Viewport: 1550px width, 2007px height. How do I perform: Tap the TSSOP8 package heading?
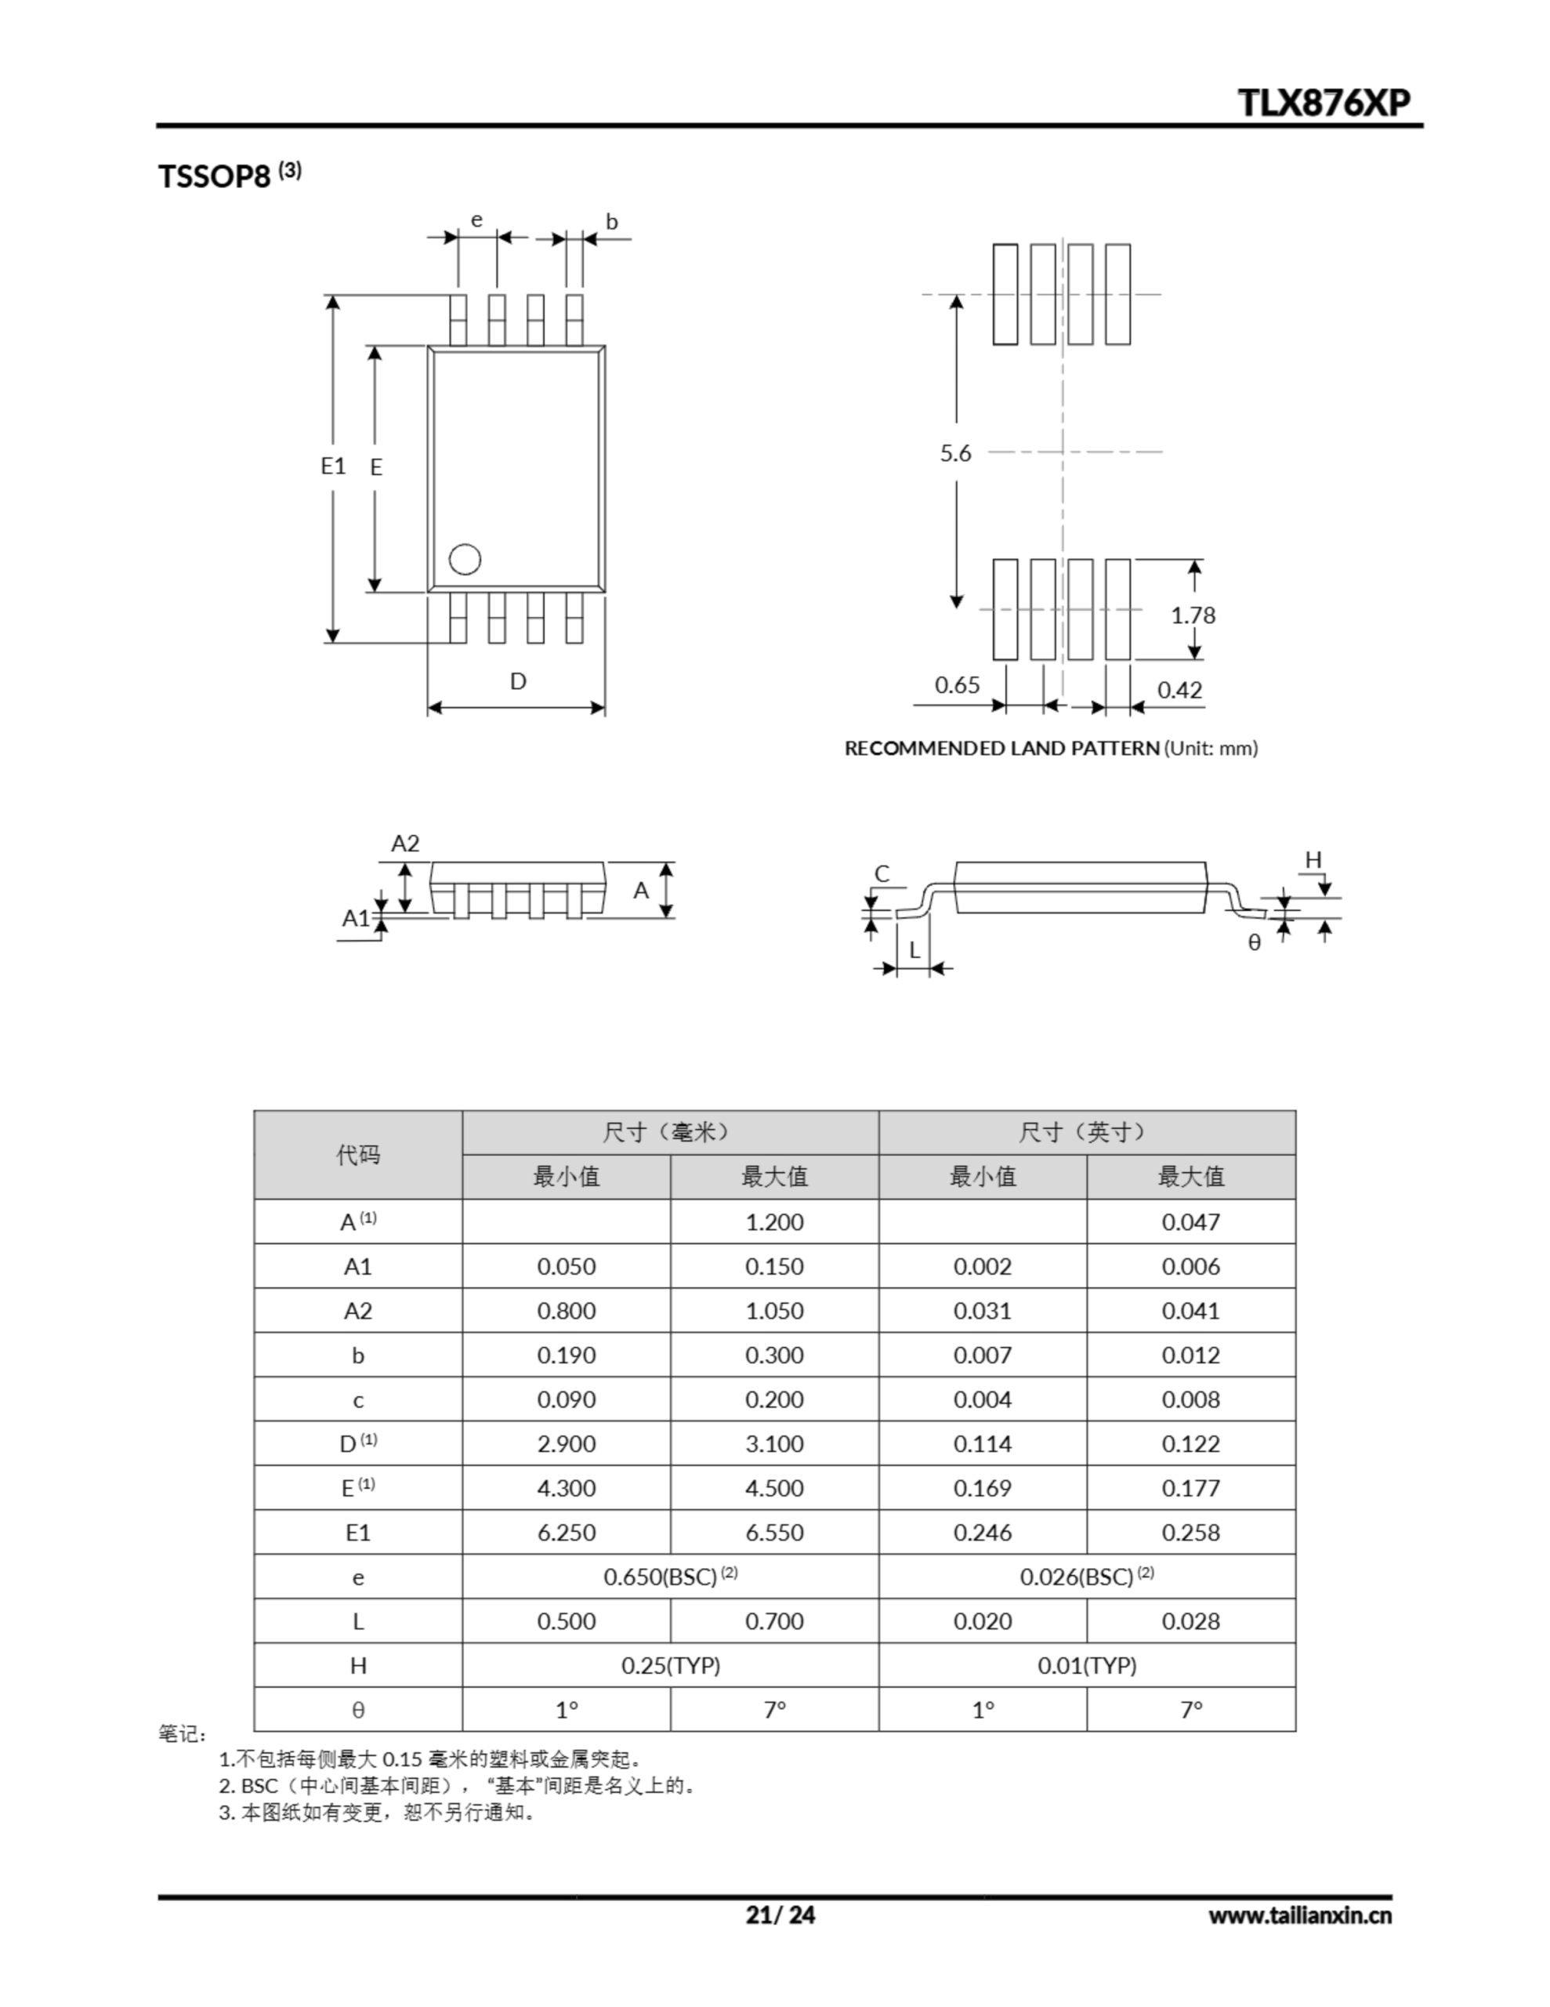click(215, 176)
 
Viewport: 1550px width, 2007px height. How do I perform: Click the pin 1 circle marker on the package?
click(465, 559)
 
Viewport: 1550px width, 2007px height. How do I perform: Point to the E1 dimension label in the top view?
click(332, 466)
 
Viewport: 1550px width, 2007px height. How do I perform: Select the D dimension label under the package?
click(518, 681)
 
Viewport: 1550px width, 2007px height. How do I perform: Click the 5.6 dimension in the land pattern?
click(955, 452)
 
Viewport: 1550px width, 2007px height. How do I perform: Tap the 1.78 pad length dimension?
click(1193, 615)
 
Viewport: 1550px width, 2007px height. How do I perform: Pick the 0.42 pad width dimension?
click(1179, 689)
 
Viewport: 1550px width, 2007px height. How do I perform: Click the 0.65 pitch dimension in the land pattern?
click(958, 684)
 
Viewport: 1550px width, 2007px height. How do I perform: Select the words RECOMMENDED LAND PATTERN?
click(1001, 748)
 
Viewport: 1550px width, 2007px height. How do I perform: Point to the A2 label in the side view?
click(405, 843)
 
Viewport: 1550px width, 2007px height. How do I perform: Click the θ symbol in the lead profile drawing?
click(1254, 943)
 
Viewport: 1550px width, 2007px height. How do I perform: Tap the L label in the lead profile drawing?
click(914, 950)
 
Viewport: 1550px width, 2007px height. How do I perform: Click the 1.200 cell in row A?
click(774, 1222)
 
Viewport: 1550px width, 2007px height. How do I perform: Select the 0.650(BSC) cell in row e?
click(670, 1577)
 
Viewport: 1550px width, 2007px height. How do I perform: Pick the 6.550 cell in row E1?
click(774, 1533)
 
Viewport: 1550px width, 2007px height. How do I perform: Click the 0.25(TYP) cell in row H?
click(671, 1665)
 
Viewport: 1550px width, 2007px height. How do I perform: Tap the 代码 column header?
click(358, 1154)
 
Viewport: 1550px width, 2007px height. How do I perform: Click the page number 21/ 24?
click(780, 1914)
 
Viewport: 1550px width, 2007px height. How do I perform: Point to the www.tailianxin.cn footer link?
click(1299, 1915)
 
